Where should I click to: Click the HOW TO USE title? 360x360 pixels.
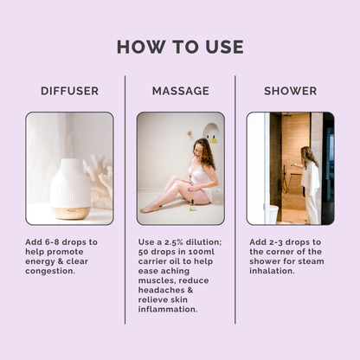coord(180,47)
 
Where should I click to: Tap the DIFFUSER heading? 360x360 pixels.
coord(69,91)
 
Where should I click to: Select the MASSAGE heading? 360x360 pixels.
coord(181,91)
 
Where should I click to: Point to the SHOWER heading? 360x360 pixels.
coord(290,91)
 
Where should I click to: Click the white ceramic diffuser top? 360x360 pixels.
coord(70,183)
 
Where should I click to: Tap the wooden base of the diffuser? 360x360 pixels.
coord(71,213)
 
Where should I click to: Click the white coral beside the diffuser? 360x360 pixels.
coord(98,179)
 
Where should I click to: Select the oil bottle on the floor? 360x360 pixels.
coord(192,205)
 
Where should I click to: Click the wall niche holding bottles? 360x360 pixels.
coord(211,133)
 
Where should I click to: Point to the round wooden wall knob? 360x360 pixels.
coord(190,133)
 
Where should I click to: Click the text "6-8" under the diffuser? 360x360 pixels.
coord(52,242)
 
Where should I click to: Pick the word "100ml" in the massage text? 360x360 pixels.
coord(202,252)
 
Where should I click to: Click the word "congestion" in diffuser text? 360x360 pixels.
coord(49,271)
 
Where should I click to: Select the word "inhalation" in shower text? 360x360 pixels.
coord(271,271)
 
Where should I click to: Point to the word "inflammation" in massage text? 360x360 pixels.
coord(167,309)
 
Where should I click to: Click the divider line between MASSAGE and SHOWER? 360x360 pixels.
coord(235,200)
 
